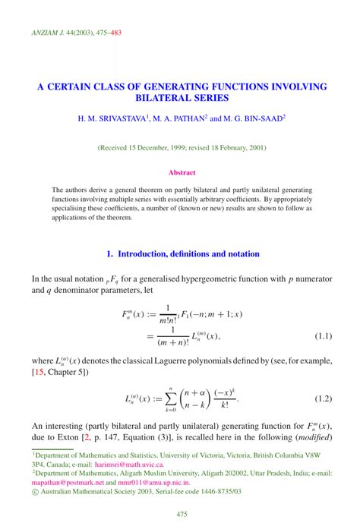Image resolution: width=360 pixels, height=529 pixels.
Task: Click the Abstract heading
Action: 182,172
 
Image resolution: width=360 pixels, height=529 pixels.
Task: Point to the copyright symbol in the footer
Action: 36,491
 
